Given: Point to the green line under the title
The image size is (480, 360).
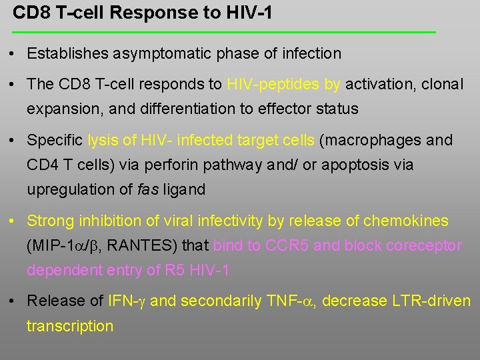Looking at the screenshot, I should [224, 32].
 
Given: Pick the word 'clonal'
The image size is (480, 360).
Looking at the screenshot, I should [441, 85].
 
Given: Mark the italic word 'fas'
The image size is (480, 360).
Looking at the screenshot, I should [148, 189].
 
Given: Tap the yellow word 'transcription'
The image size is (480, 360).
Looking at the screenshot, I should [70, 326].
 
